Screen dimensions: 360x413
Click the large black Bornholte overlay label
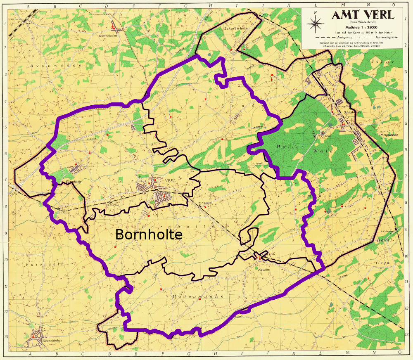(149, 234)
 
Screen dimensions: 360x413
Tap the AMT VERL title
(363, 15)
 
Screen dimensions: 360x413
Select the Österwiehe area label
(197, 296)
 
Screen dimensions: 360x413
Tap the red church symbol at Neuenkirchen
(33, 336)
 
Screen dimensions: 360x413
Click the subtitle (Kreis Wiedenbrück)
(363, 22)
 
